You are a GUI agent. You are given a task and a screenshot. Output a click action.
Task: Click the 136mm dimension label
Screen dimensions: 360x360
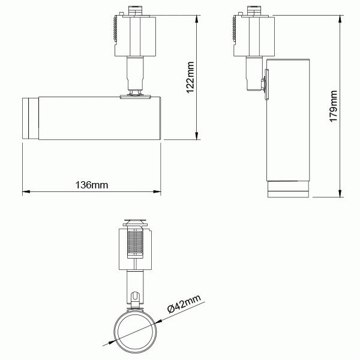[x=92, y=185]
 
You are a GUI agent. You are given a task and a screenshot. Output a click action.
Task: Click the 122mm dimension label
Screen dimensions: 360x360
[x=191, y=76]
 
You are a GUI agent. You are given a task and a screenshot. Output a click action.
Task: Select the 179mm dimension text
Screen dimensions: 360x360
[x=334, y=106]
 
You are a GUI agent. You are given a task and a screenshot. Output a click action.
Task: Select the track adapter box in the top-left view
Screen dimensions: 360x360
[x=135, y=35]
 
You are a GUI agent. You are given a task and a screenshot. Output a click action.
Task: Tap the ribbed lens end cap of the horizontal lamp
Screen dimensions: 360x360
[x=29, y=117]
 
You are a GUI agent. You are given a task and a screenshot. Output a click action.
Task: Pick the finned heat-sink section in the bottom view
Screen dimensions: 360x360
[x=137, y=244]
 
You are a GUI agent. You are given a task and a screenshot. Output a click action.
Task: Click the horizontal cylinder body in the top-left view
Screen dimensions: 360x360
[x=99, y=118]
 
